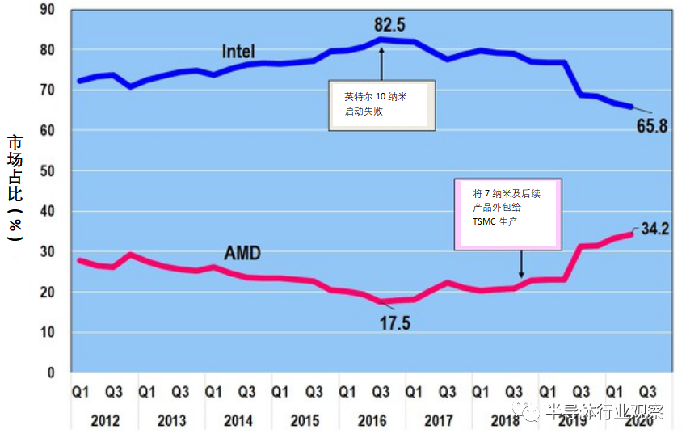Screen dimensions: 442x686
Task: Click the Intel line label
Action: point(238,52)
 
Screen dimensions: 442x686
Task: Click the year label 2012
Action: point(105,421)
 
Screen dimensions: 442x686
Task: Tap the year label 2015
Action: point(304,421)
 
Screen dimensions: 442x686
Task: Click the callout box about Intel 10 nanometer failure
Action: point(381,105)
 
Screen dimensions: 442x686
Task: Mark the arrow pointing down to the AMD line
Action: point(521,265)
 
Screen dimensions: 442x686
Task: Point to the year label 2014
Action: point(238,421)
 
